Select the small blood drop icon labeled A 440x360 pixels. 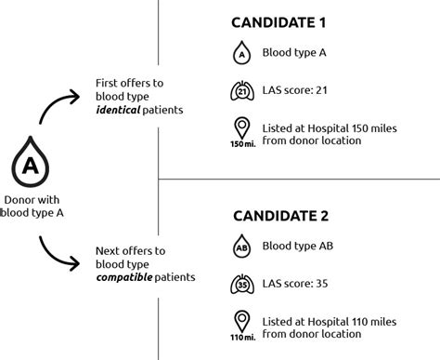coord(241,54)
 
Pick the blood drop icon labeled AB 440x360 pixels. coord(241,247)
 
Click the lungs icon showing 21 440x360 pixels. coord(241,91)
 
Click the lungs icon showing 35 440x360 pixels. coord(241,284)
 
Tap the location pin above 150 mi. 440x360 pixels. coord(241,127)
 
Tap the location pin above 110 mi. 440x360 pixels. coord(241,321)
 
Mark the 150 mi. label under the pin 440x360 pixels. coord(241,144)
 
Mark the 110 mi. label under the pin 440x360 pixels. coord(241,338)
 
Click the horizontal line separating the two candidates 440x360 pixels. coord(297,178)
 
